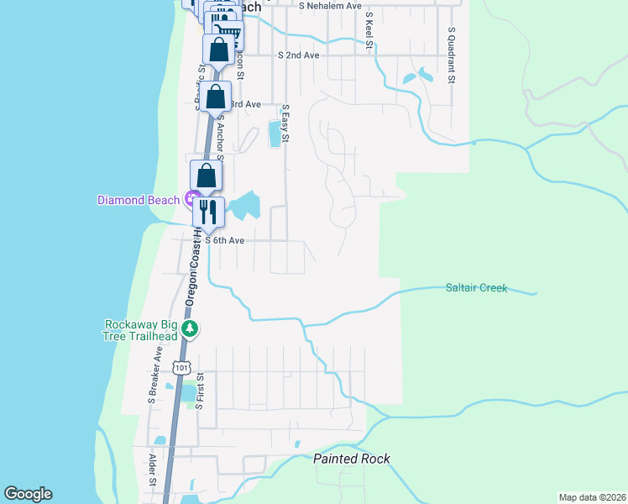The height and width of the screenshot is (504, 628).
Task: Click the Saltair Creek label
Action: [476, 288]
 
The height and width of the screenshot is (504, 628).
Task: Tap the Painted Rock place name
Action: [352, 459]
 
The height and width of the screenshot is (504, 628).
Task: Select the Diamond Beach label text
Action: [139, 200]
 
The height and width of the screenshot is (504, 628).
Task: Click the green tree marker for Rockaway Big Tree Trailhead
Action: [191, 329]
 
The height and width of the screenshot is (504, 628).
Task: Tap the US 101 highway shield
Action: [181, 367]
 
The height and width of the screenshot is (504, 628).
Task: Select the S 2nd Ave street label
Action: [299, 55]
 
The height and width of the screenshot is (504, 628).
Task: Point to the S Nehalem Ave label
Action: [330, 5]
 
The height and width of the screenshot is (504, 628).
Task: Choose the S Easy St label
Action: [285, 123]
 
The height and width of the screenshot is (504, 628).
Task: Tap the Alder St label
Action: [153, 470]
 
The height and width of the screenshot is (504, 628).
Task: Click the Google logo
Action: [28, 495]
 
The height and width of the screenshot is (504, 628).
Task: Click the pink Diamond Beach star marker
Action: [191, 200]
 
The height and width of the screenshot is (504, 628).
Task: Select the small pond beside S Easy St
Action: [274, 133]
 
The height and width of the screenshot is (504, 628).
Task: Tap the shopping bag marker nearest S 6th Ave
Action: [207, 176]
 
